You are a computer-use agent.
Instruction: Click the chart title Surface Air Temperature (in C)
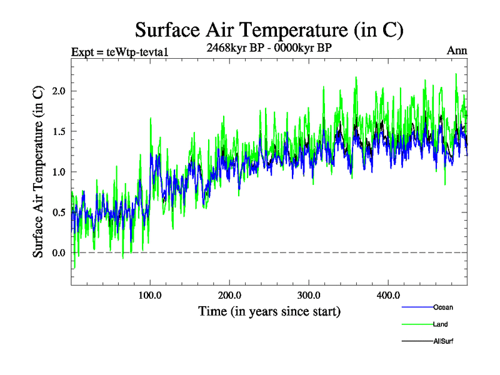pyautogui.click(x=269, y=29)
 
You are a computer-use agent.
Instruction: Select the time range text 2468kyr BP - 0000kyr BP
pyautogui.click(x=269, y=46)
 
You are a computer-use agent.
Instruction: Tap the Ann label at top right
pyautogui.click(x=457, y=51)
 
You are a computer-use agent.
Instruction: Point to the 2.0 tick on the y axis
pyautogui.click(x=58, y=91)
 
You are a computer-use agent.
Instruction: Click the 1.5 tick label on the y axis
pyautogui.click(x=58, y=132)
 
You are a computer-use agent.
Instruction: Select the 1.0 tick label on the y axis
pyautogui.click(x=58, y=172)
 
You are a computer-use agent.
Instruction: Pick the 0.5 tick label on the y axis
pyautogui.click(x=58, y=212)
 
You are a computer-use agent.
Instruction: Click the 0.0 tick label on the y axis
pyautogui.click(x=58, y=252)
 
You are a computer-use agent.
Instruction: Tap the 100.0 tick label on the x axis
pyautogui.click(x=150, y=295)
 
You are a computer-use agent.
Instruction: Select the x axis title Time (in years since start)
pyautogui.click(x=269, y=311)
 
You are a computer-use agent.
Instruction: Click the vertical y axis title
pyautogui.click(x=38, y=171)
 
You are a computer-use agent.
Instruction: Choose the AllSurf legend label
pyautogui.click(x=442, y=341)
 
